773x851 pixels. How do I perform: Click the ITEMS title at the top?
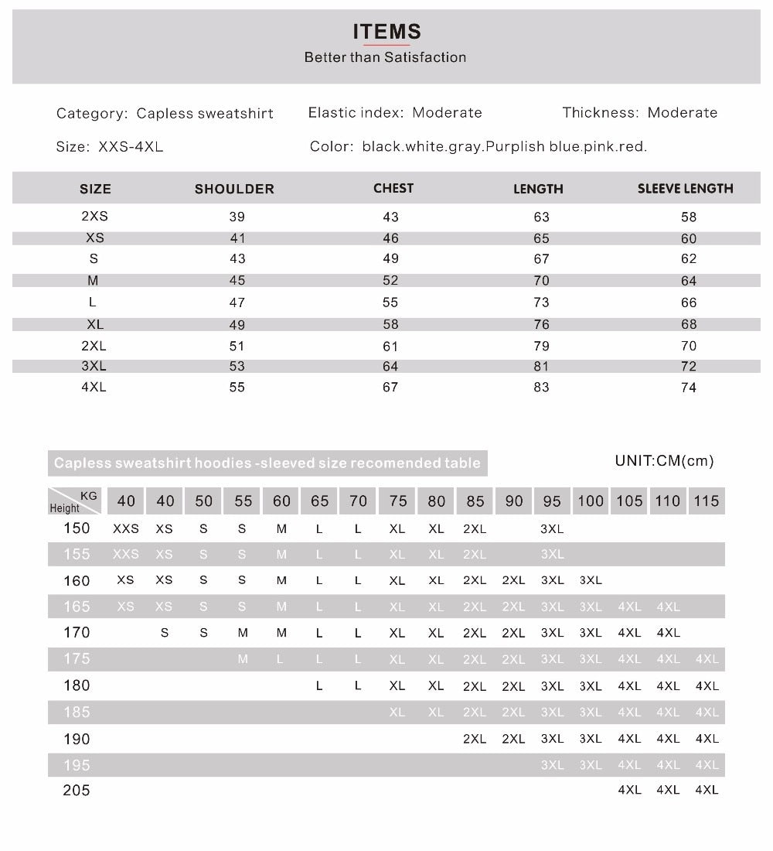[x=386, y=32]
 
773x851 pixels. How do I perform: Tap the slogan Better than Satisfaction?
[x=385, y=57]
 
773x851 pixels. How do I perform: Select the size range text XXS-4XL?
[x=131, y=147]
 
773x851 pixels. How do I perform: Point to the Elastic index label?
[x=356, y=113]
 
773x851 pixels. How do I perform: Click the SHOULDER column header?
[x=234, y=189]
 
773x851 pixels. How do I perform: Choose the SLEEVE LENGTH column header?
[x=685, y=189]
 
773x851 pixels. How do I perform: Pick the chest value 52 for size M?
[x=390, y=281]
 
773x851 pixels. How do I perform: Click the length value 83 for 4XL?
[x=541, y=388]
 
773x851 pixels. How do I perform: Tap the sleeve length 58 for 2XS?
[x=689, y=217]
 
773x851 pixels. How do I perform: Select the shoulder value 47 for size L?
[x=237, y=302]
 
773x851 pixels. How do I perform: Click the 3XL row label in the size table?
[x=94, y=366]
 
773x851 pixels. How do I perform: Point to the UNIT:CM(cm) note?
[x=664, y=461]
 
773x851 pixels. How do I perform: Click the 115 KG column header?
[x=707, y=501]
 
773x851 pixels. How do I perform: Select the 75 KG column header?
[x=397, y=501]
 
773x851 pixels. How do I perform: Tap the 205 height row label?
[x=77, y=790]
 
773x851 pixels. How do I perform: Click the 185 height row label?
[x=77, y=712]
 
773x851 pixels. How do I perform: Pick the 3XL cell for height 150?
[x=552, y=529]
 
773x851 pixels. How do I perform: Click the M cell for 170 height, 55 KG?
[x=243, y=633]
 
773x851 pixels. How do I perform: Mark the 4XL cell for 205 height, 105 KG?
[x=629, y=790]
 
